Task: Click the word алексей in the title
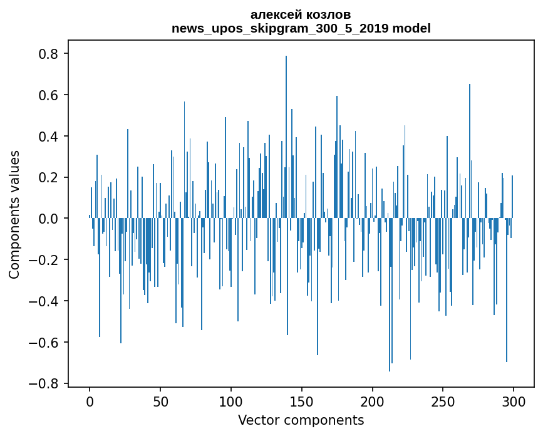pos(274,14)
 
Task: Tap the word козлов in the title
pos(328,14)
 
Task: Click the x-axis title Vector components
pos(301,420)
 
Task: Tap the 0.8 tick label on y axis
pos(48,54)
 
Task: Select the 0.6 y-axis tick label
pos(48,95)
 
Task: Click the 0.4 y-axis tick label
pos(48,137)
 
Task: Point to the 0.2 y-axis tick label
pos(48,177)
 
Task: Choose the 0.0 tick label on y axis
pos(48,219)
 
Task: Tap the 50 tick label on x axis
pos(160,400)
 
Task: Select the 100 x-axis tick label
pos(231,400)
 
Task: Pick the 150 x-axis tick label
pos(302,400)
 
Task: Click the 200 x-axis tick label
pos(373,400)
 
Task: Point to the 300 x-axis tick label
pos(514,400)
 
